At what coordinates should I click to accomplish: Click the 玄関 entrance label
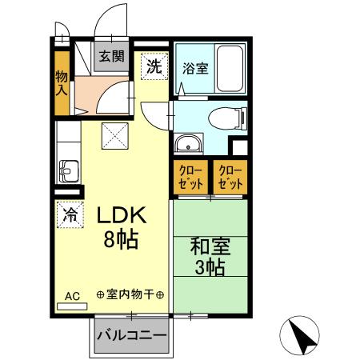(x=112, y=56)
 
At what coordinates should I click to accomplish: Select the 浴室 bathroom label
(x=196, y=68)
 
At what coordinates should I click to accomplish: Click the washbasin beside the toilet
(x=189, y=145)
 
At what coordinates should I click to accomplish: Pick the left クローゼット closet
(x=191, y=178)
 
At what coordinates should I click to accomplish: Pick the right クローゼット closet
(x=230, y=178)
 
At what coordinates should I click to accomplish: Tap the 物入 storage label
(x=62, y=82)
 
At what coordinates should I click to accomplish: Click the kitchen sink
(x=67, y=171)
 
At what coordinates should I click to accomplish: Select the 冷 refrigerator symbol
(x=70, y=214)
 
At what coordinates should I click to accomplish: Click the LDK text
(x=121, y=216)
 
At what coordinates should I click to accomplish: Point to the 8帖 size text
(x=121, y=239)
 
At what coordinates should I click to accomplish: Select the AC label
(x=72, y=296)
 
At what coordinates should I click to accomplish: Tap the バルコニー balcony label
(x=131, y=334)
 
